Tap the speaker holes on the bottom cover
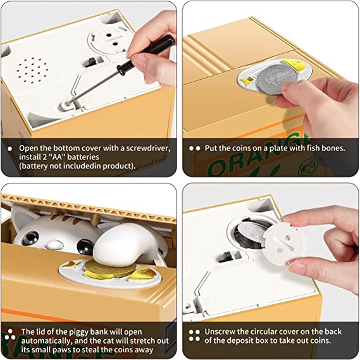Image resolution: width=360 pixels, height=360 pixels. tap(32, 70)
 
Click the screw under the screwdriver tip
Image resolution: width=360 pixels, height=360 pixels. tap(68, 104)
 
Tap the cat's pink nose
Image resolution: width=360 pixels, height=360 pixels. tap(54, 244)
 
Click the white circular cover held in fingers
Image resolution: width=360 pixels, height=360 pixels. tap(284, 245)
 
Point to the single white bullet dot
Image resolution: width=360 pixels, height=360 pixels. tap(10, 149)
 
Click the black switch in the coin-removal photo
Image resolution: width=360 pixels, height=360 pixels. tap(227, 258)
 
